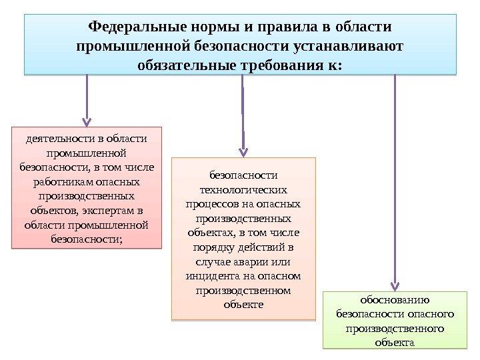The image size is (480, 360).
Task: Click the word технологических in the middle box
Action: point(243,189)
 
